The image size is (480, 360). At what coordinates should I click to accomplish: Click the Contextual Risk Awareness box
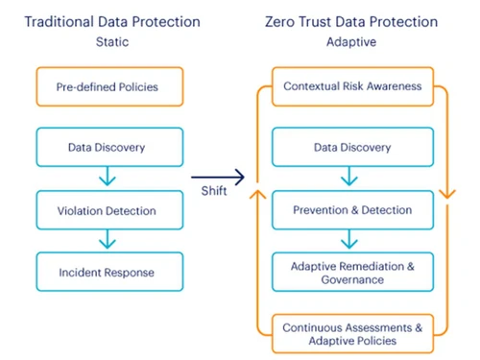point(352,85)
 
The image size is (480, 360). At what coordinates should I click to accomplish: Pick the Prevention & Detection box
point(351,209)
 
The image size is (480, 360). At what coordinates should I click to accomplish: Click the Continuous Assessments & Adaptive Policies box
point(351,334)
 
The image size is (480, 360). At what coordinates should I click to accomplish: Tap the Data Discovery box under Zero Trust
point(351,148)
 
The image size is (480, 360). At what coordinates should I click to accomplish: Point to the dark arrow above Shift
point(218,177)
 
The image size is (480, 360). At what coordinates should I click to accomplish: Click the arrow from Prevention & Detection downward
point(351,239)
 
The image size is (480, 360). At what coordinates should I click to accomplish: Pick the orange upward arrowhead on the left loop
point(255,195)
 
